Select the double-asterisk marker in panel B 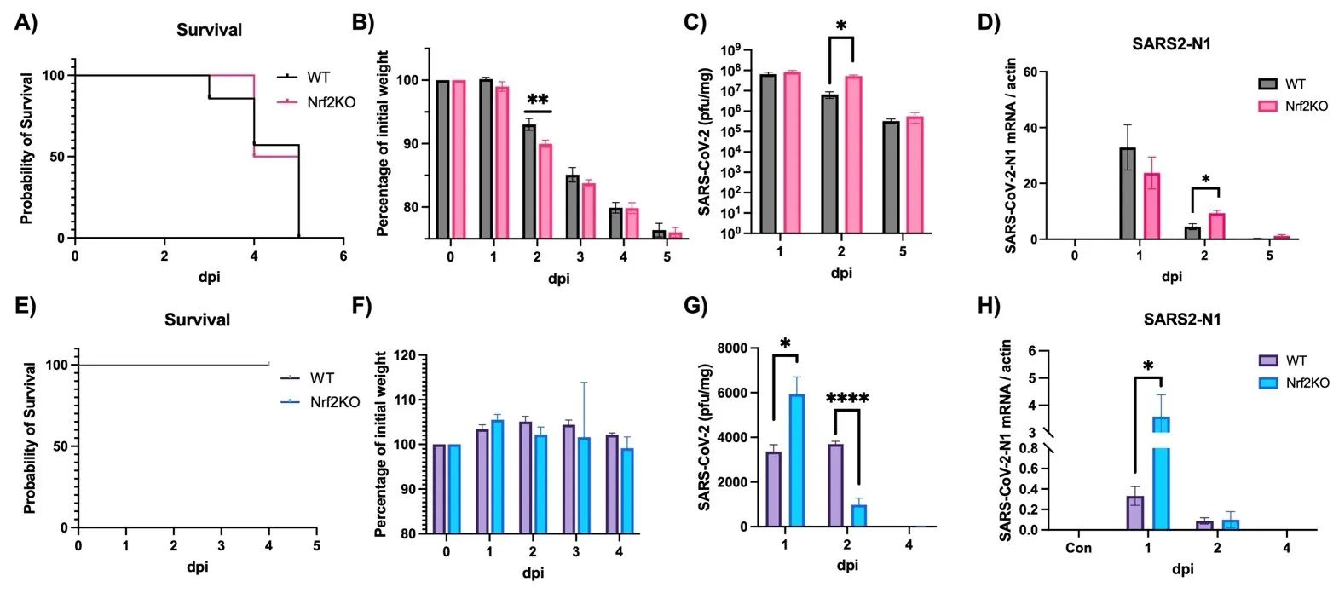538,100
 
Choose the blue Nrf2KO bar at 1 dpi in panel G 796,460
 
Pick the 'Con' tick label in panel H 1078,548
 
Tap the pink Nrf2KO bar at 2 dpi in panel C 853,154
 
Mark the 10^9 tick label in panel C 729,50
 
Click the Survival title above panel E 197,320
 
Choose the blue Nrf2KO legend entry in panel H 1294,383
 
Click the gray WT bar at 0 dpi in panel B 443,158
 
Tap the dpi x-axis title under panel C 841,273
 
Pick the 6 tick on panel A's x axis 343,256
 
